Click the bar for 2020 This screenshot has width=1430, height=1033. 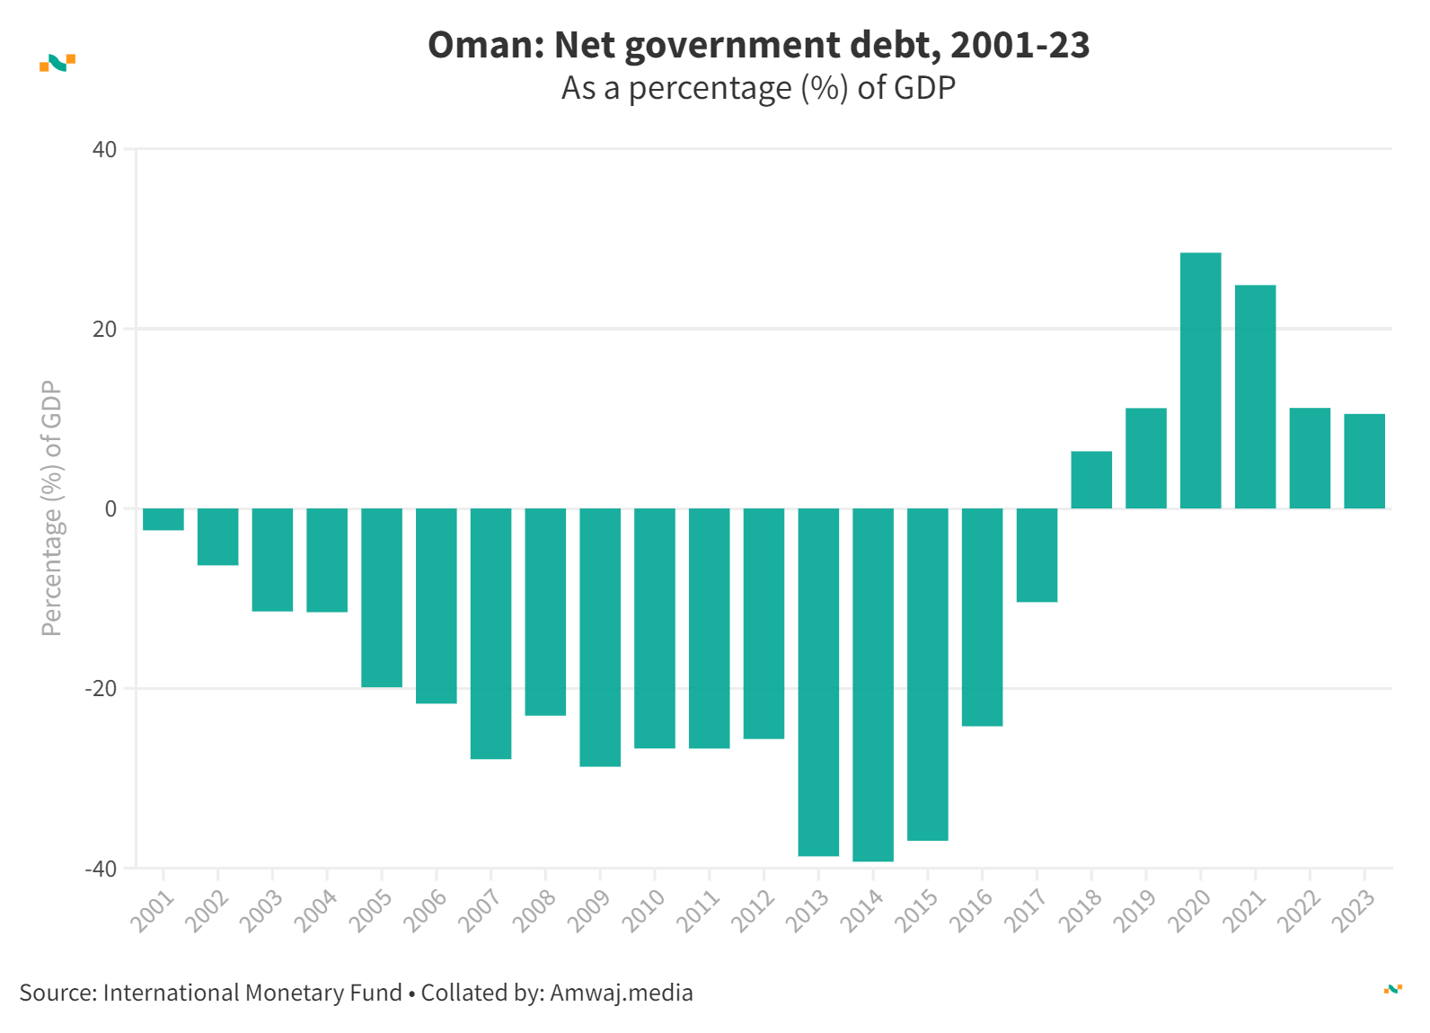point(1200,381)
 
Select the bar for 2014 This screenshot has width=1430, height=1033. point(873,684)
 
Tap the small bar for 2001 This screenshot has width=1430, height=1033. point(163,519)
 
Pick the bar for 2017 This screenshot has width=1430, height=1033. point(1037,555)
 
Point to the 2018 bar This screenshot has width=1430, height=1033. point(1091,480)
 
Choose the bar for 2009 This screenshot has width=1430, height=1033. point(600,637)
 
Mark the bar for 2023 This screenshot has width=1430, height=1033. point(1364,461)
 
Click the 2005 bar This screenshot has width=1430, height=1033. point(382,597)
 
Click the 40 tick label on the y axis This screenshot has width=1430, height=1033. point(105,149)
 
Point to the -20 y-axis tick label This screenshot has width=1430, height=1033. point(101,689)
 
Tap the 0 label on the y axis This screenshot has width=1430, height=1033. point(110,508)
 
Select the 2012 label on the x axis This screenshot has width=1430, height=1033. point(753,910)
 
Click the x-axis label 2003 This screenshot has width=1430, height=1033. point(262,910)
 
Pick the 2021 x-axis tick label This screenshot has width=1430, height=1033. point(1244,910)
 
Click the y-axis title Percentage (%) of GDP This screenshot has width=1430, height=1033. point(52,508)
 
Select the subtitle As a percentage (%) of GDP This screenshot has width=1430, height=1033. point(758,88)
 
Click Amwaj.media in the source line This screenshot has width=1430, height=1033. point(622,993)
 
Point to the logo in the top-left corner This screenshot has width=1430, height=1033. point(57,63)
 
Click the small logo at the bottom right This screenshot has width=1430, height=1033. point(1392,989)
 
